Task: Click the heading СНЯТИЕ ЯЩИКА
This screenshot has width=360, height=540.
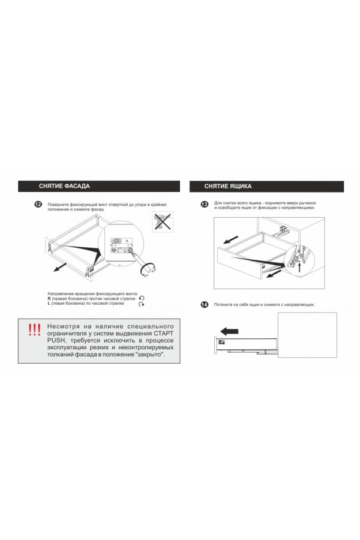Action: click(x=227, y=186)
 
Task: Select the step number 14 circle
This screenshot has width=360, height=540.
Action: click(x=204, y=305)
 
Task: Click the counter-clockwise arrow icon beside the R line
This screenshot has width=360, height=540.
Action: click(x=142, y=298)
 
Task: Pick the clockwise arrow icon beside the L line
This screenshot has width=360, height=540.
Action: click(x=142, y=305)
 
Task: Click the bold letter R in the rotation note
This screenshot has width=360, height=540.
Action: click(x=49, y=298)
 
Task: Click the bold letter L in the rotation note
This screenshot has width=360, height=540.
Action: click(x=49, y=304)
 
